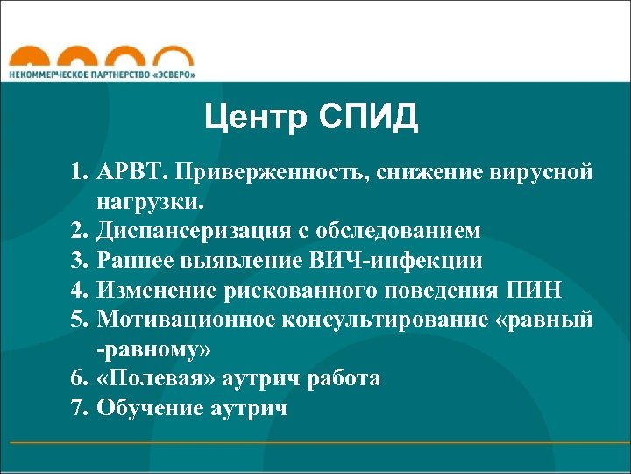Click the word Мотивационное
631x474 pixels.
pos(186,320)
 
